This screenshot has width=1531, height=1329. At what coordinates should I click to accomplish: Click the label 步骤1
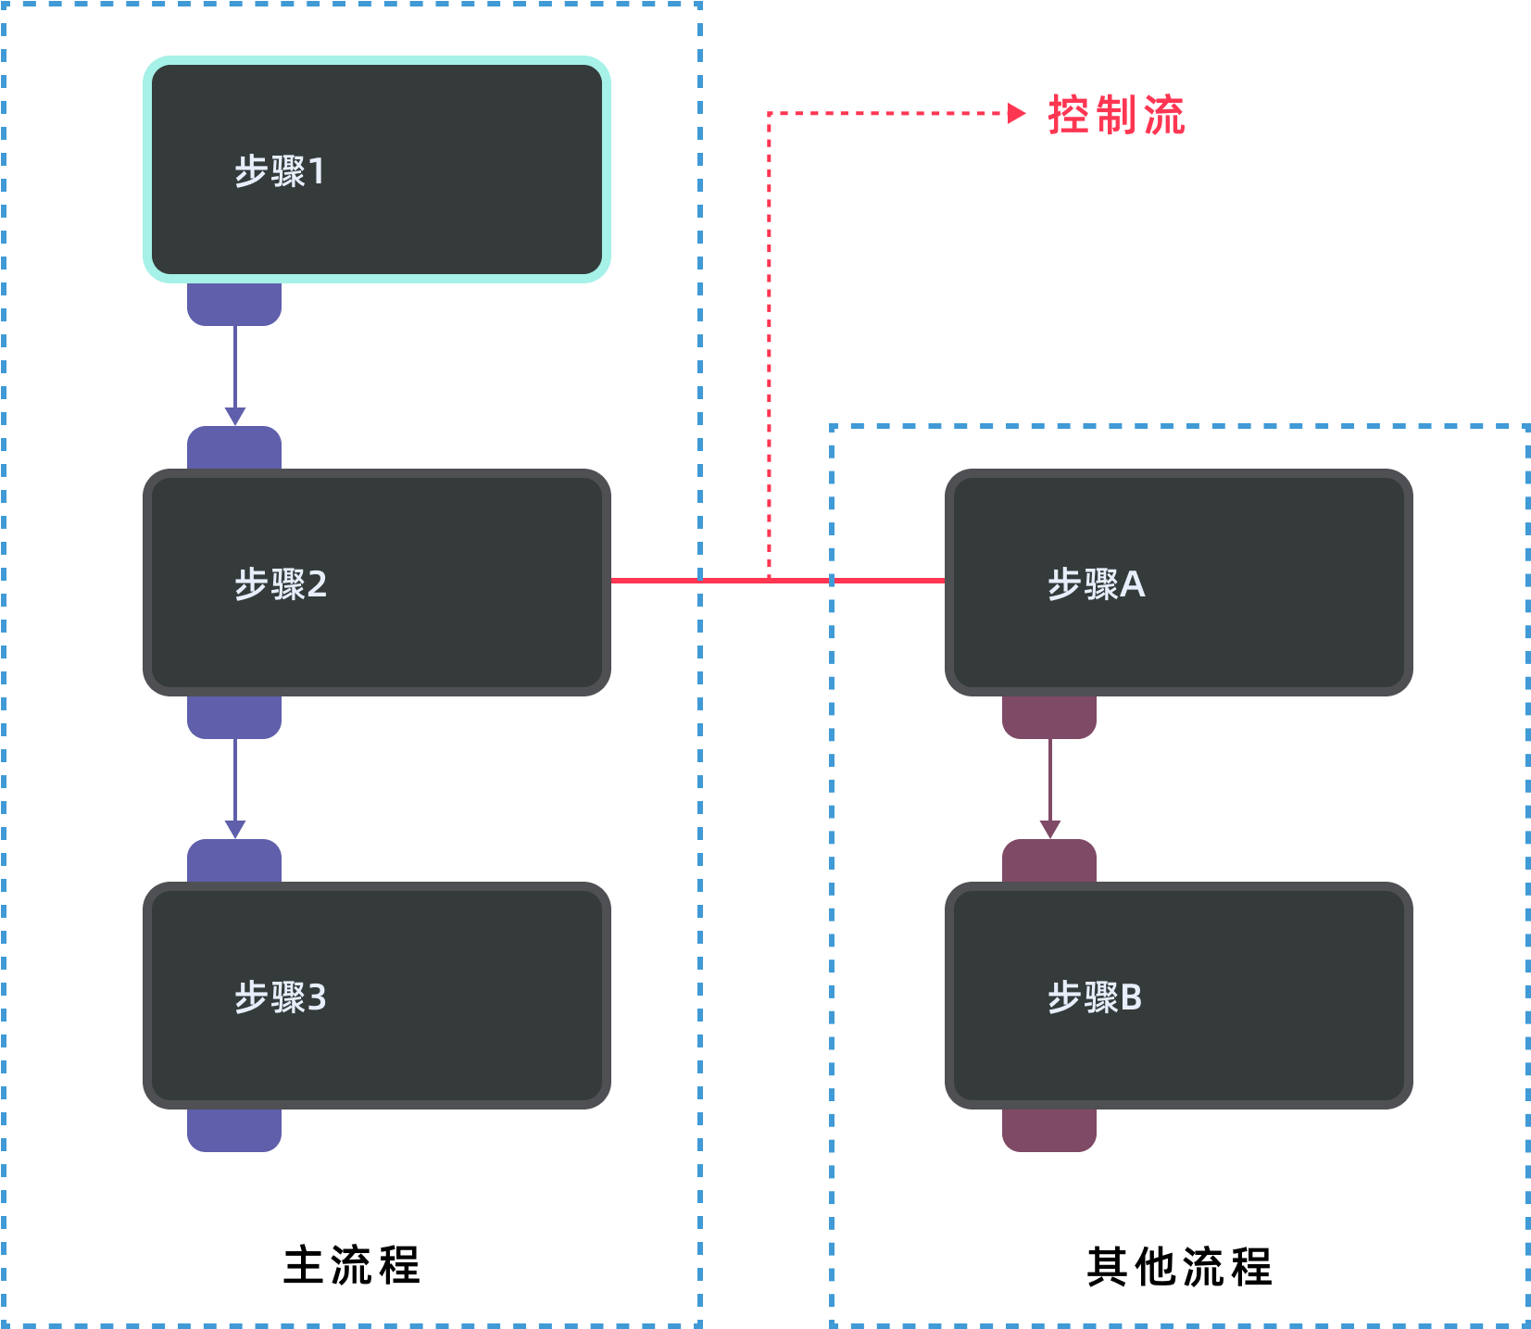click(279, 171)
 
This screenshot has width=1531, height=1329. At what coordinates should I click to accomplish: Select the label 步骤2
click(280, 584)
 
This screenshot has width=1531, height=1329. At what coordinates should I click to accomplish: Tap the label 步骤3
click(280, 997)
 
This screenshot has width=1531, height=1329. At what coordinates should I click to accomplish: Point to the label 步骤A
click(1096, 584)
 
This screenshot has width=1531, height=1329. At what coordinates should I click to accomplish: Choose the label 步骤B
click(1094, 997)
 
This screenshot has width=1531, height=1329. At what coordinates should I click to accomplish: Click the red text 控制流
click(1116, 115)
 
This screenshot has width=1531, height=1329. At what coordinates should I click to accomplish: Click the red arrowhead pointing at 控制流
click(1016, 113)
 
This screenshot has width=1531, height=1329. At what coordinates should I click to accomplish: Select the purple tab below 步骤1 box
click(234, 305)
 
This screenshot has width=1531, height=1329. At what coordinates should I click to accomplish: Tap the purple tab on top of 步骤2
click(234, 447)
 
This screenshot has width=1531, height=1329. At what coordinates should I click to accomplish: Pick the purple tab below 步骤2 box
click(234, 718)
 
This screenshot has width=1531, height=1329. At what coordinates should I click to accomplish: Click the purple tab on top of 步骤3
click(234, 860)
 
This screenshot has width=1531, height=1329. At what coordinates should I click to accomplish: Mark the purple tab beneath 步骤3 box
click(234, 1131)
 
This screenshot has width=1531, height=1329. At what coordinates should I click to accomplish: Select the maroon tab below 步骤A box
click(1049, 718)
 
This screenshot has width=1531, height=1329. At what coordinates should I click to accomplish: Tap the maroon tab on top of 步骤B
click(1049, 860)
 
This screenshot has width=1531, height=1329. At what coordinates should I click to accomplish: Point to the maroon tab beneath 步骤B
click(1049, 1131)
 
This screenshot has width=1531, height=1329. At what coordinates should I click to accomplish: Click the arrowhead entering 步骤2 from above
click(235, 416)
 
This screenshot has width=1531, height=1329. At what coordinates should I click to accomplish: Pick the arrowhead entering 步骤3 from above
click(235, 829)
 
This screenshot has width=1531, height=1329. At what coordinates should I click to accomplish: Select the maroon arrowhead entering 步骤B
click(1049, 829)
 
